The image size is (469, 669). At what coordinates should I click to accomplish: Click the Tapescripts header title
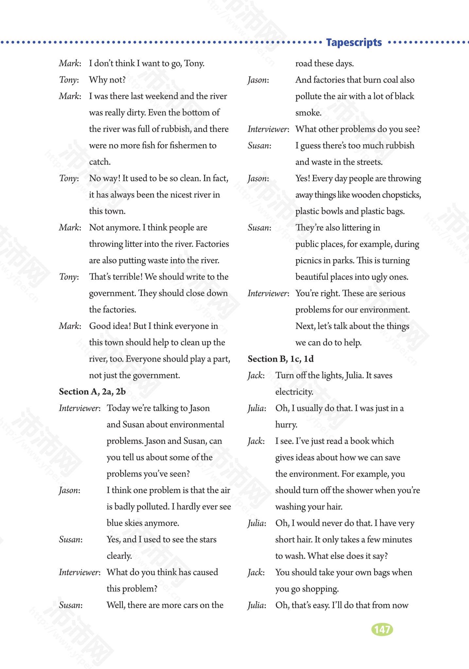coord(354,42)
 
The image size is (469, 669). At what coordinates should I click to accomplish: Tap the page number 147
coord(382,629)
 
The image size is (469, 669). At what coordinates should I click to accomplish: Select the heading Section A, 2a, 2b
coord(92,391)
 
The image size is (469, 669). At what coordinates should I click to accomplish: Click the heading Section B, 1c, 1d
coord(281,359)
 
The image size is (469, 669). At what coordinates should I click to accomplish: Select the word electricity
coord(294,392)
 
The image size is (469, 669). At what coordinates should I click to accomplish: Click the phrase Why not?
coord(107,80)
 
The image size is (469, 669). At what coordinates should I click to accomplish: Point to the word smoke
coord(308,113)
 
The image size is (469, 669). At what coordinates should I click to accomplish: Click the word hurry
coord(286,425)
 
